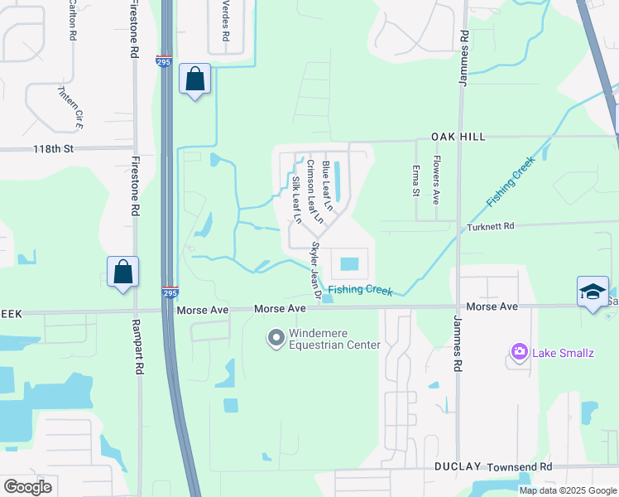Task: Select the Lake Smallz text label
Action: click(x=564, y=353)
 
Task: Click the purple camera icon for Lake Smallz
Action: click(x=519, y=353)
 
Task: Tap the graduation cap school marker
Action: click(x=592, y=292)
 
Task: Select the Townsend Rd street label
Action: click(x=519, y=467)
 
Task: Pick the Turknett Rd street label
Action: click(x=491, y=226)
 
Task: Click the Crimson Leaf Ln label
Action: click(x=311, y=186)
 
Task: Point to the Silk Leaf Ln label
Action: click(x=295, y=199)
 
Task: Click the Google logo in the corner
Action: click(x=27, y=487)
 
